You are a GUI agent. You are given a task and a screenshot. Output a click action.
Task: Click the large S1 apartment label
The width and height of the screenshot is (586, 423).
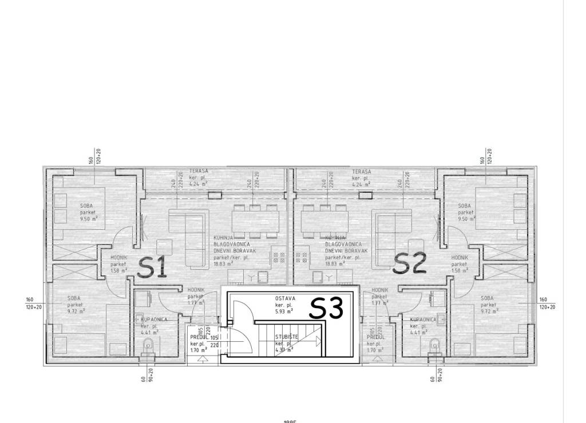tap(153, 267)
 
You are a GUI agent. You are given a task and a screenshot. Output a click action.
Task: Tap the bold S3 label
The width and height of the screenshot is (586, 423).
tap(326, 309)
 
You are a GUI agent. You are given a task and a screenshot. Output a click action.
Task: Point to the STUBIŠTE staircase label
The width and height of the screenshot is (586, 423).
tap(286, 337)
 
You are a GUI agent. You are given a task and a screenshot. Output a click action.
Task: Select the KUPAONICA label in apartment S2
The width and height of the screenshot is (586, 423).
tap(423, 320)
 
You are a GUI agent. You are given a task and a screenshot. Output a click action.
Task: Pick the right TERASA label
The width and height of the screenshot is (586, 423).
tap(361, 171)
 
